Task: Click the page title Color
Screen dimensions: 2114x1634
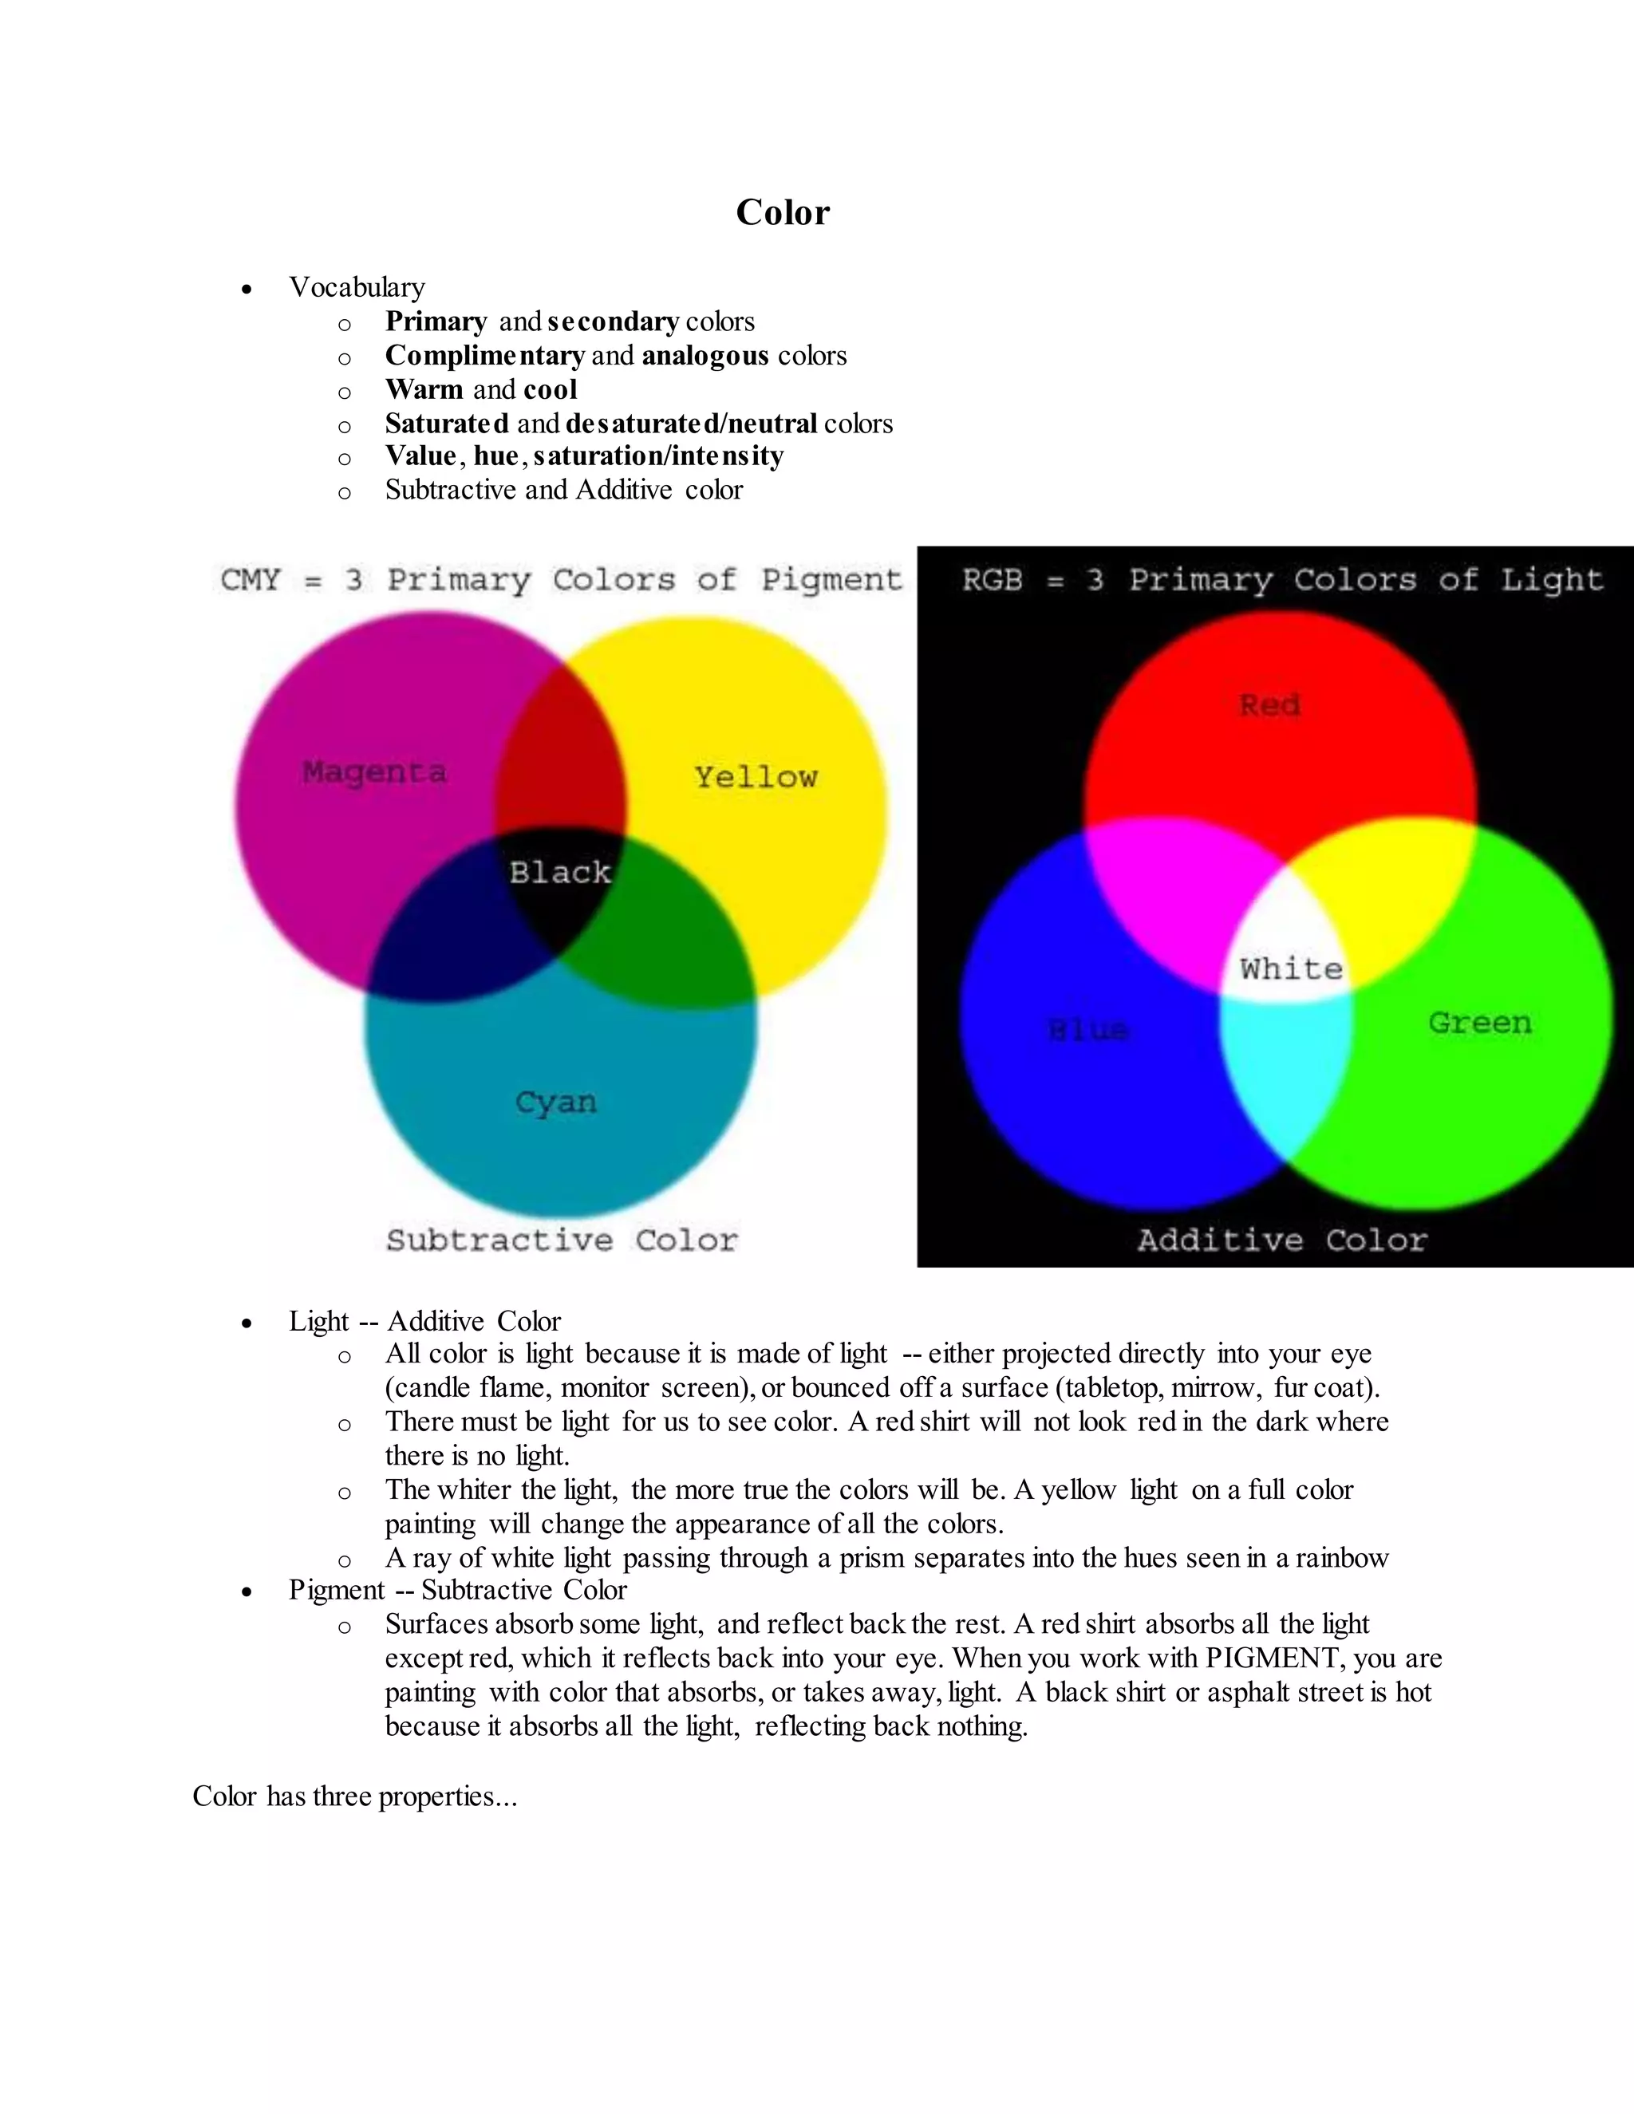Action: (782, 213)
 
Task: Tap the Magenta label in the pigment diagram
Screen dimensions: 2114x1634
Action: (375, 772)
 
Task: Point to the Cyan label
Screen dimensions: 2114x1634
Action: (555, 1102)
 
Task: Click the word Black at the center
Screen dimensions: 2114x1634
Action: (560, 873)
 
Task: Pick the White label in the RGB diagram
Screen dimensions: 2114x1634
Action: (1292, 969)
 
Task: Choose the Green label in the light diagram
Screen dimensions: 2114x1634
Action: (1480, 1023)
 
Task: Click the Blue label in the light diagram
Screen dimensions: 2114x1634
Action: (1089, 1030)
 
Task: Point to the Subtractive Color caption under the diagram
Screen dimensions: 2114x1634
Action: (562, 1241)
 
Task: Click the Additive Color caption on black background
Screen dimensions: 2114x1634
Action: (1281, 1241)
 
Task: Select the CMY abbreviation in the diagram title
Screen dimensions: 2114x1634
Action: (250, 580)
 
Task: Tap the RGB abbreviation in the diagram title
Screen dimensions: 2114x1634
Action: (993, 580)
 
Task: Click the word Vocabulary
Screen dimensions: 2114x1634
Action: (356, 287)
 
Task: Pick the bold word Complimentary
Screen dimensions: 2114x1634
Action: (484, 357)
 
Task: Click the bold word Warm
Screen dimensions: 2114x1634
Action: (424, 390)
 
